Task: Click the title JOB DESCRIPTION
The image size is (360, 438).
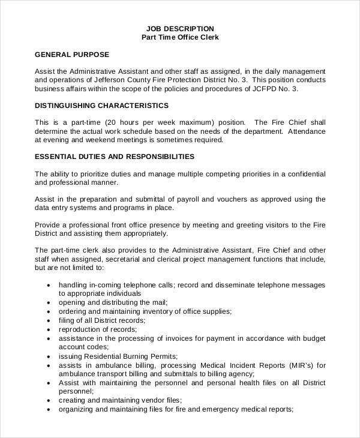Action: [181, 28]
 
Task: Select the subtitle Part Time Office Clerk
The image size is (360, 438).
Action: [181, 37]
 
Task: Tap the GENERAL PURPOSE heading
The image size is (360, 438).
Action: [72, 55]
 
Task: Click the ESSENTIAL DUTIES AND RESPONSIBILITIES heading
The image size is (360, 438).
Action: [115, 157]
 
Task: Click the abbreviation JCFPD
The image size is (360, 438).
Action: [262, 89]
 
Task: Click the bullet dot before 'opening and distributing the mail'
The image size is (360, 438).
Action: [48, 303]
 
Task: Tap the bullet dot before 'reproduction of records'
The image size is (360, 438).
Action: [48, 330]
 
